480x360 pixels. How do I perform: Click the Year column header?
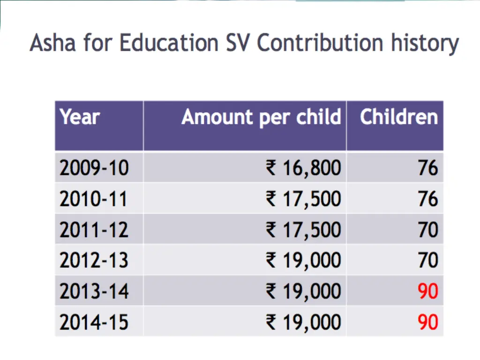[80, 117]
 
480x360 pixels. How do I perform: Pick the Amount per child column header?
[261, 117]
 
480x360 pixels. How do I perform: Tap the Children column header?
[398, 117]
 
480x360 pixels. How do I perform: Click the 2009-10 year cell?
[94, 168]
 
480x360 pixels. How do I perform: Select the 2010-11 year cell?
[93, 199]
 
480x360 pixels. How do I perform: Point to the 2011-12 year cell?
[94, 230]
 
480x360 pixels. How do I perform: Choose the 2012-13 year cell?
[94, 260]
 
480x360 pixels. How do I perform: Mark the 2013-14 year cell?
[94, 292]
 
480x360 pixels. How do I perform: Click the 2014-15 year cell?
[94, 322]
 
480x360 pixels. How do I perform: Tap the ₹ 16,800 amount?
[303, 168]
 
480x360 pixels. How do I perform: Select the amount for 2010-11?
[303, 199]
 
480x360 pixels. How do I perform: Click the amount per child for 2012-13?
[303, 260]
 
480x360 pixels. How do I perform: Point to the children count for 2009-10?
[428, 168]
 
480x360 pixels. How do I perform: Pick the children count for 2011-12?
[428, 230]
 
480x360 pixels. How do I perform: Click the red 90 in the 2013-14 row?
[428, 292]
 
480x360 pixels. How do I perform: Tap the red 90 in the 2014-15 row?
[428, 322]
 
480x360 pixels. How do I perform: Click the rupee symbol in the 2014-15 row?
[271, 322]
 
